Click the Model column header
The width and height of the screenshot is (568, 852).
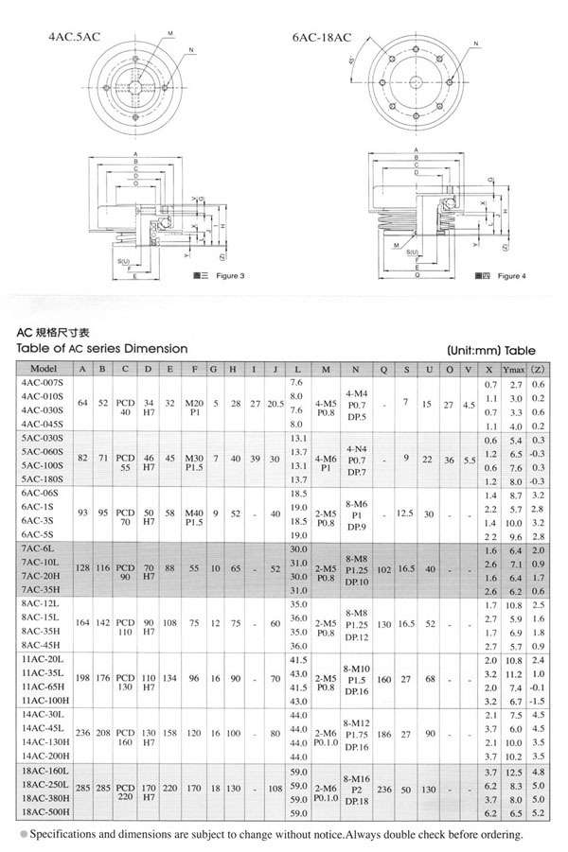pyautogui.click(x=44, y=368)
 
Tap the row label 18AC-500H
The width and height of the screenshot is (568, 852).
pyautogui.click(x=44, y=812)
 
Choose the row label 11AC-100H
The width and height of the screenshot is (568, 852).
pyautogui.click(x=44, y=701)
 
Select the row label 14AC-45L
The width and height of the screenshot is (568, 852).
pyautogui.click(x=42, y=730)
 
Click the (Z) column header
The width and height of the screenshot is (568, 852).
pyautogui.click(x=538, y=368)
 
